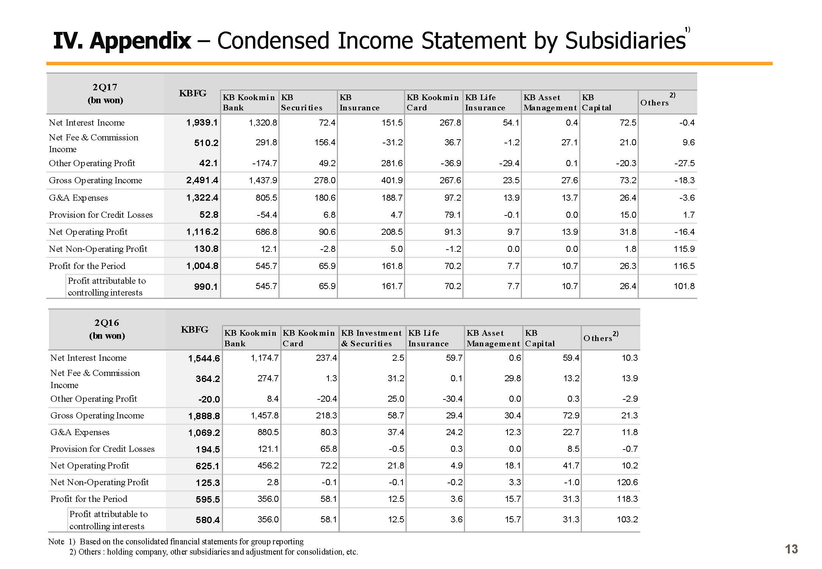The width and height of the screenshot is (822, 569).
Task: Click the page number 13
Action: [792, 549]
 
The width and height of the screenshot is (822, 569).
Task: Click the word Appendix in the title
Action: [140, 41]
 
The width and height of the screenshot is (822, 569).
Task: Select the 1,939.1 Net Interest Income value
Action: [202, 122]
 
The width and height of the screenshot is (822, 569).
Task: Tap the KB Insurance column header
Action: [359, 102]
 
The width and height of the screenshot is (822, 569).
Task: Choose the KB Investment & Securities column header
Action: [371, 338]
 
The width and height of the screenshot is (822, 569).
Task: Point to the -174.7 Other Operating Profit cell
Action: [264, 163]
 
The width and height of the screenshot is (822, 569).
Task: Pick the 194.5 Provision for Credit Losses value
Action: [207, 450]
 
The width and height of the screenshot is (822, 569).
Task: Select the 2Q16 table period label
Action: [107, 323]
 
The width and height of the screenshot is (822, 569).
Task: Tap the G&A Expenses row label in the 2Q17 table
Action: [78, 198]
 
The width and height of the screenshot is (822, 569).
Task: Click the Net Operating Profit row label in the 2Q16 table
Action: [90, 465]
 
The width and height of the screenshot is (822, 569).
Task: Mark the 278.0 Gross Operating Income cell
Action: [325, 180]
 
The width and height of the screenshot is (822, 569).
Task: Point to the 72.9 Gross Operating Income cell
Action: [571, 415]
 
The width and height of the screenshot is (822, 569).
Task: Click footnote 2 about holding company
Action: [214, 552]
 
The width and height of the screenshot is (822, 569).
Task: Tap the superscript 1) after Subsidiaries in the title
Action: [687, 30]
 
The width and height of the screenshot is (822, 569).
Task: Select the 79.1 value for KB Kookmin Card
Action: [453, 215]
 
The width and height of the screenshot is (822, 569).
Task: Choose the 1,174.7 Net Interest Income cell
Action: [264, 358]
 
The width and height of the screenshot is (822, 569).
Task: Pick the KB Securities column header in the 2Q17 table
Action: [302, 102]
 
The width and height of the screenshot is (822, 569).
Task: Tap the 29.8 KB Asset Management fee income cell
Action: [512, 378]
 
